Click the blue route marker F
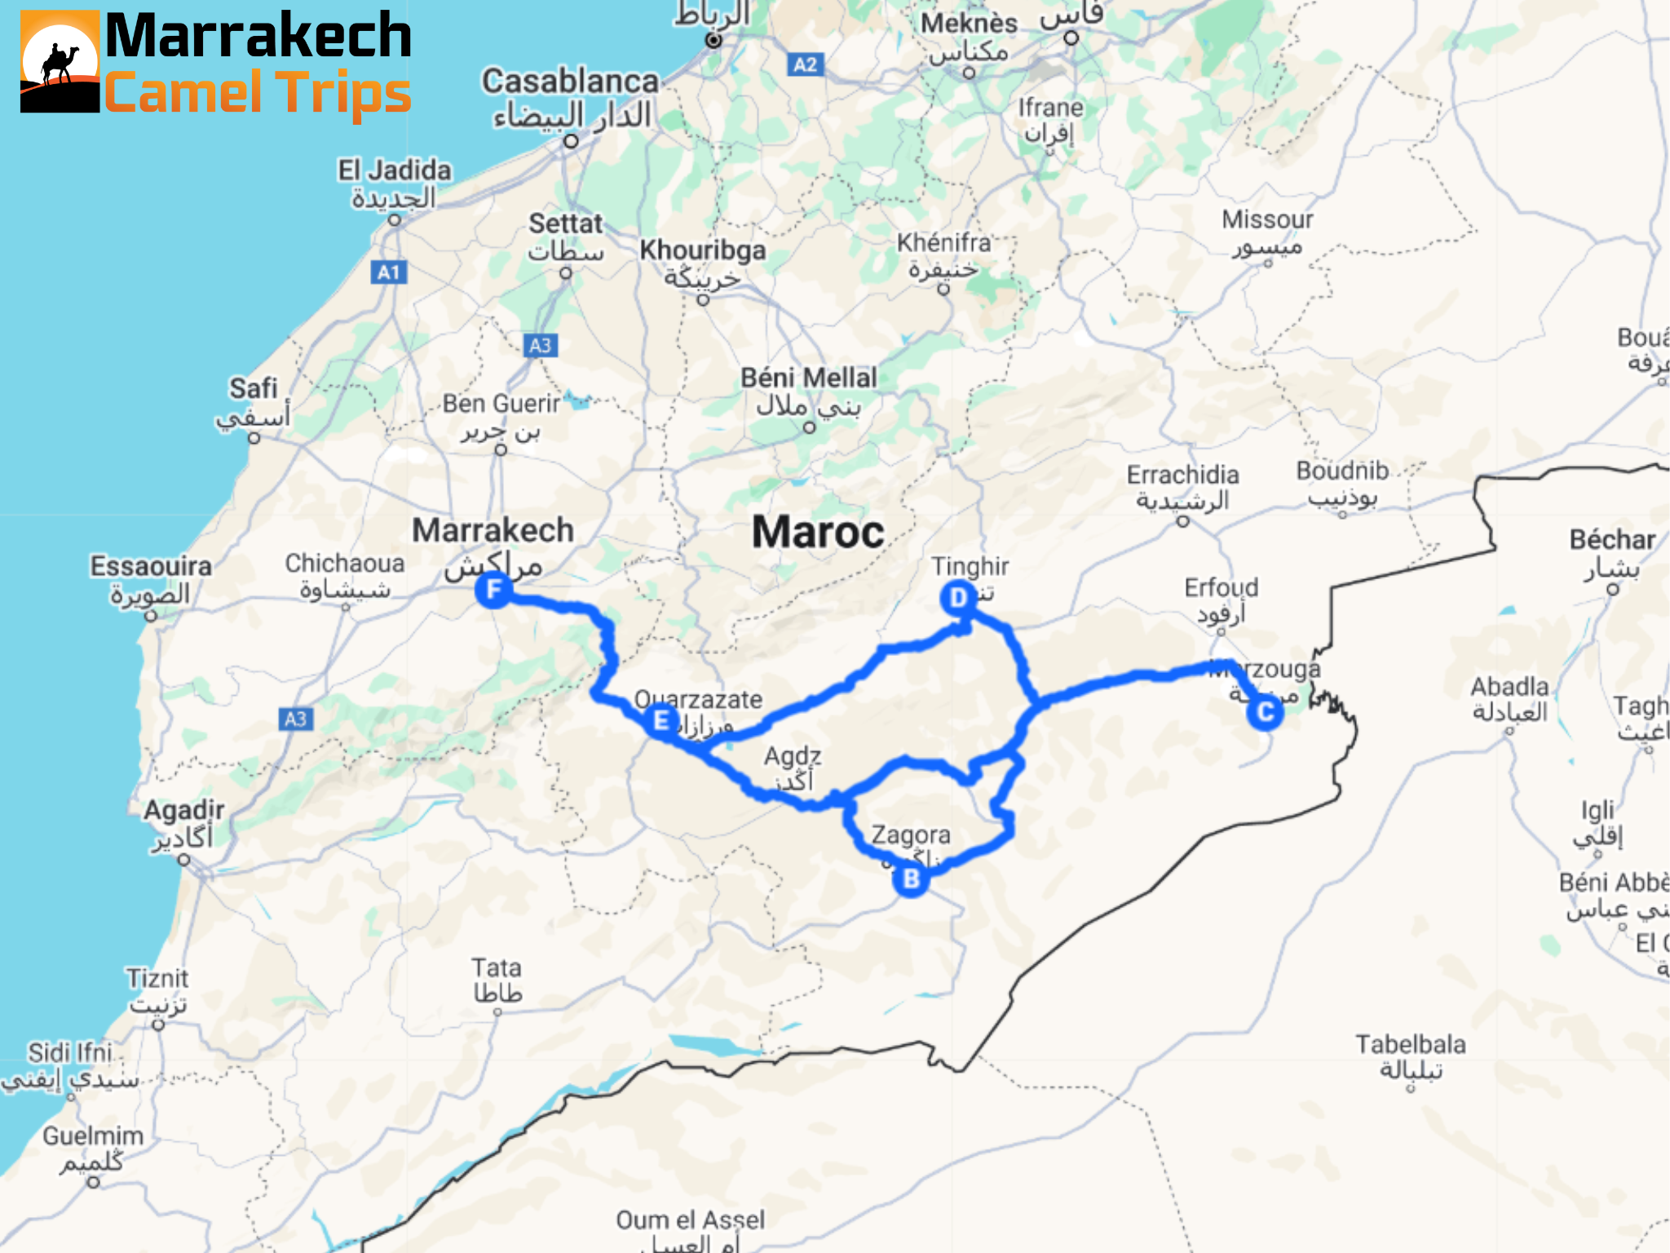[x=493, y=589]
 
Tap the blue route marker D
[x=958, y=598]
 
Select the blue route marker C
[x=1265, y=712]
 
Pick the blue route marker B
[x=911, y=879]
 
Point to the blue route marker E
[x=661, y=721]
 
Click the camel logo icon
[x=60, y=61]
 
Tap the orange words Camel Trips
[x=258, y=92]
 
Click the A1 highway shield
[x=389, y=272]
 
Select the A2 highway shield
[x=805, y=65]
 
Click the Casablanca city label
[x=570, y=82]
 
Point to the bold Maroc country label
[x=818, y=532]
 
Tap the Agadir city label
[x=183, y=810]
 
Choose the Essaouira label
[x=151, y=566]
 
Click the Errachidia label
[x=1182, y=475]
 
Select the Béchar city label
[x=1612, y=539]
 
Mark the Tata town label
[x=496, y=968]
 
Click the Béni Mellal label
[x=808, y=378]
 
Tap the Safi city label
[x=253, y=388]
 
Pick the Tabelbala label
[x=1410, y=1044]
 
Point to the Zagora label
[x=910, y=835]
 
